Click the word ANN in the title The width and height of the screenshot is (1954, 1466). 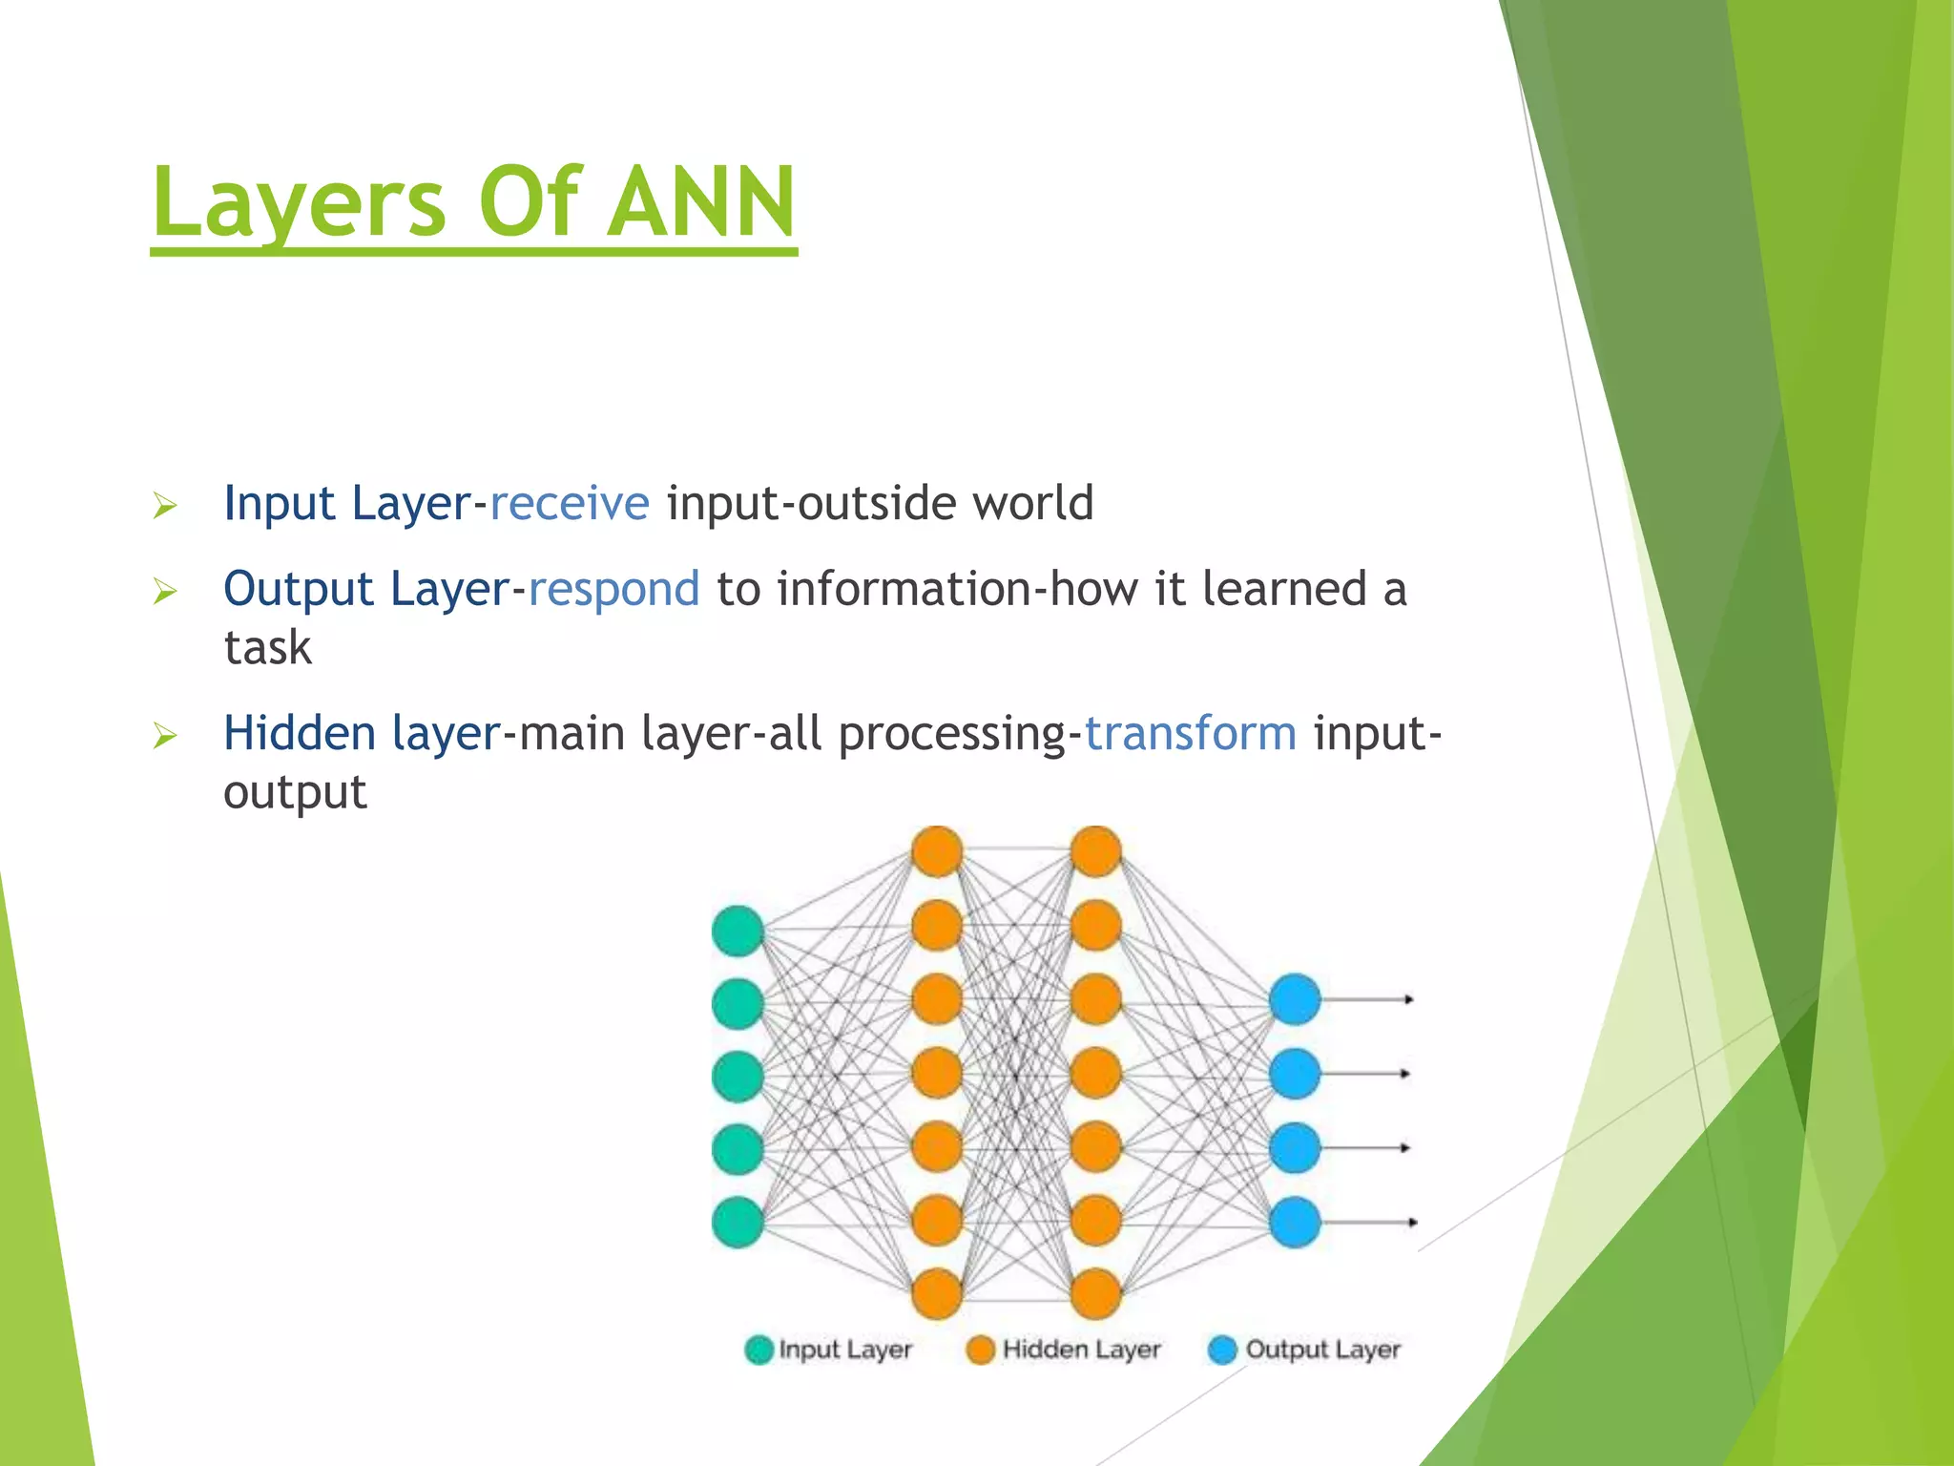click(x=701, y=202)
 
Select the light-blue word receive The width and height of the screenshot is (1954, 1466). click(x=570, y=503)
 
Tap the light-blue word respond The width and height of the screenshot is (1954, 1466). click(x=613, y=589)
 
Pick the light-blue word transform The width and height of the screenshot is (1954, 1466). click(x=1191, y=733)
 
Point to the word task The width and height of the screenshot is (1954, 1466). click(x=267, y=647)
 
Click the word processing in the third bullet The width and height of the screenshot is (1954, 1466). click(x=952, y=735)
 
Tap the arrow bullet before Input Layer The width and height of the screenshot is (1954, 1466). click(x=165, y=506)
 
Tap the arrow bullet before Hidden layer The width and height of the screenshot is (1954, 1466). click(x=165, y=736)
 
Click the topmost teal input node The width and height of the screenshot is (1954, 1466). click(x=738, y=931)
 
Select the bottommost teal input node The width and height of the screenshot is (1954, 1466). click(x=738, y=1222)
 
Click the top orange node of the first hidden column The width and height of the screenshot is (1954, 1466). click(x=937, y=851)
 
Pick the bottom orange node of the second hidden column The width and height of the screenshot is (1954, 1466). click(x=1095, y=1294)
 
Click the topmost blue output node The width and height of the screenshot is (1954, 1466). click(x=1295, y=999)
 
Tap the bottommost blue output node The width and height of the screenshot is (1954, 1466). click(x=1295, y=1222)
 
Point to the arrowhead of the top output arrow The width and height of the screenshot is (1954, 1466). click(x=1408, y=999)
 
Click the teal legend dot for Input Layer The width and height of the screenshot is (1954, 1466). click(x=759, y=1350)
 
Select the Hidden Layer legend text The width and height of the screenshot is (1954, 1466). click(x=1081, y=1350)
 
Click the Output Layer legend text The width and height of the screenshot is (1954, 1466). click(x=1322, y=1350)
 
